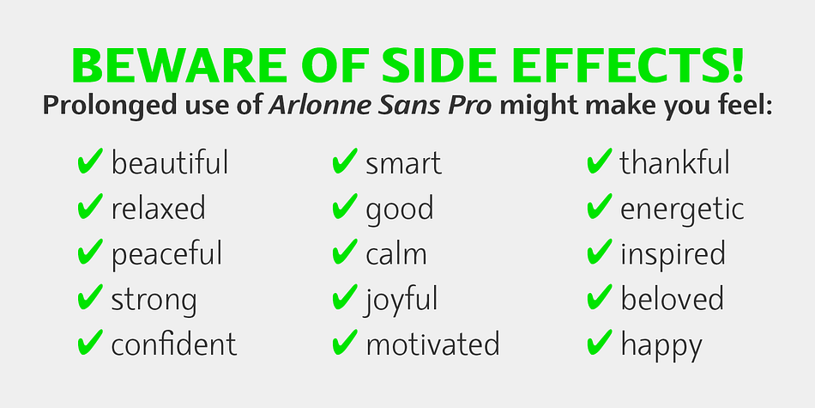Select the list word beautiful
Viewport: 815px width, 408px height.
[170, 162]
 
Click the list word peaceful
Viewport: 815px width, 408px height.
[166, 254]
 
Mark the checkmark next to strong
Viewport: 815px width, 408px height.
[89, 296]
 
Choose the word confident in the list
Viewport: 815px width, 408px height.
[173, 344]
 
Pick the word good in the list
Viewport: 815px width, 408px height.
[399, 210]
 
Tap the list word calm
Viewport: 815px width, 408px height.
[396, 254]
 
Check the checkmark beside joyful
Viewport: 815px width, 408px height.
[345, 296]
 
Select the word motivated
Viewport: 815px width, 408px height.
[432, 344]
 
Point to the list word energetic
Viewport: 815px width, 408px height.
[682, 210]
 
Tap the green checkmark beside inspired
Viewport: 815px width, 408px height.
[600, 252]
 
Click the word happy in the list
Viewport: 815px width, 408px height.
[661, 345]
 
